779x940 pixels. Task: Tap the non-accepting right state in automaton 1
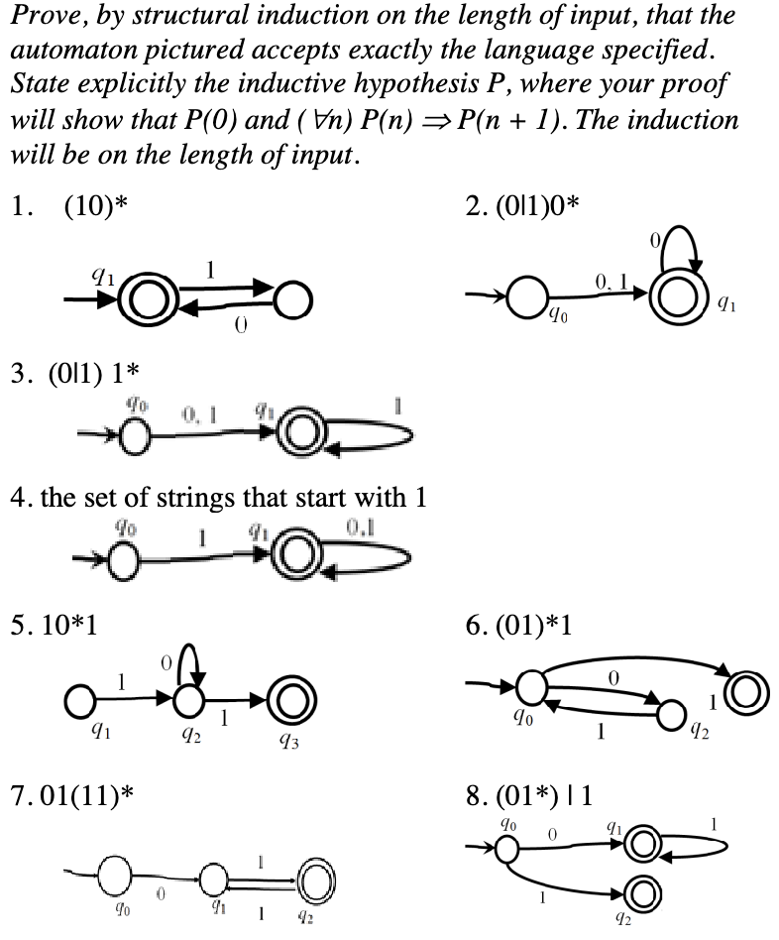pos(292,296)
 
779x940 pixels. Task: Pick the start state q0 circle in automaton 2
pos(521,296)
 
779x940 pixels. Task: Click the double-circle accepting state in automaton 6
pos(742,687)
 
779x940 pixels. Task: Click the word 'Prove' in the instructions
pos(42,16)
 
